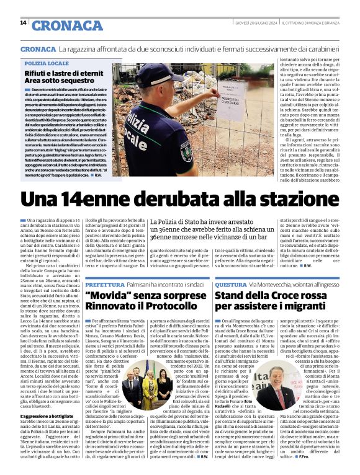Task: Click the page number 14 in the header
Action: (23, 24)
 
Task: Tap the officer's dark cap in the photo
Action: (161, 74)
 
